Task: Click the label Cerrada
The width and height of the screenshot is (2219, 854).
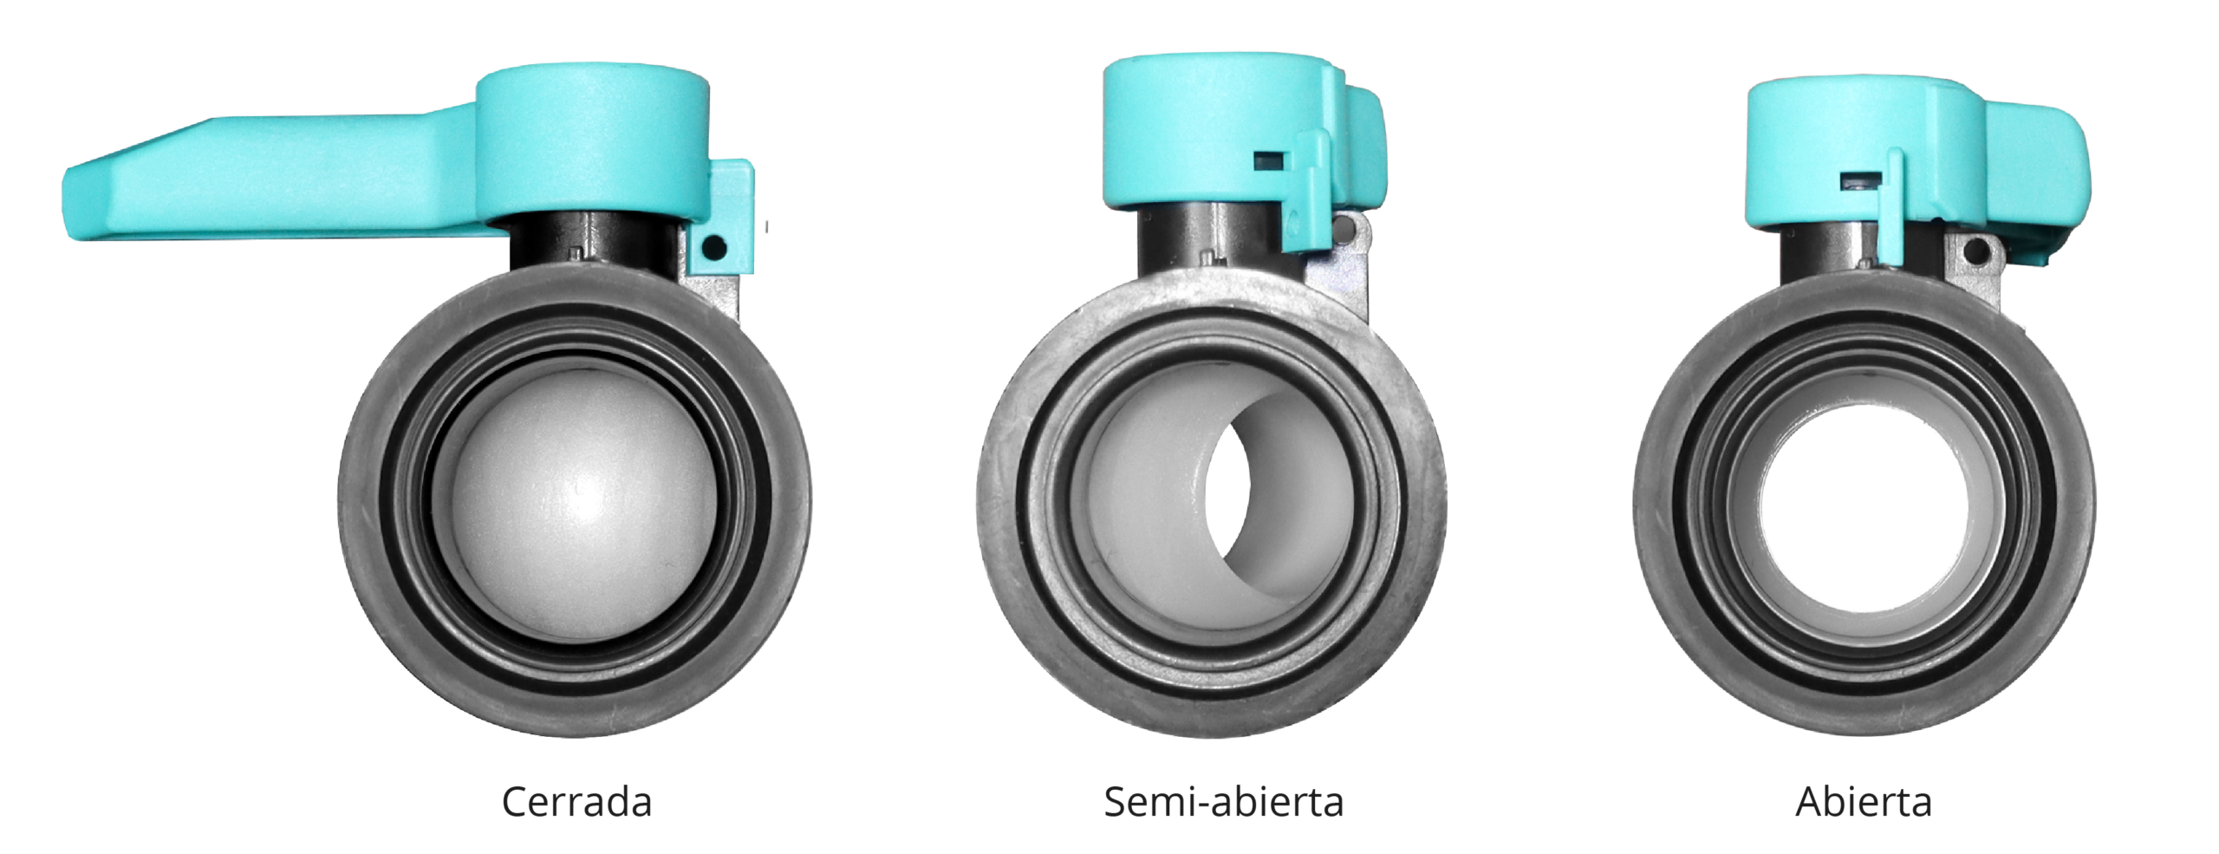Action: coord(576,802)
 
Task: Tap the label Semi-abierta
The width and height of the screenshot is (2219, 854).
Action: coord(1223,802)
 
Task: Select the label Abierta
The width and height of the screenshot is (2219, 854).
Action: coord(1864,802)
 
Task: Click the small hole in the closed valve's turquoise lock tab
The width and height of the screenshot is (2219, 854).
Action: coord(714,247)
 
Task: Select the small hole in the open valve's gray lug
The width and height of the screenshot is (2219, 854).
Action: coord(1977,252)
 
